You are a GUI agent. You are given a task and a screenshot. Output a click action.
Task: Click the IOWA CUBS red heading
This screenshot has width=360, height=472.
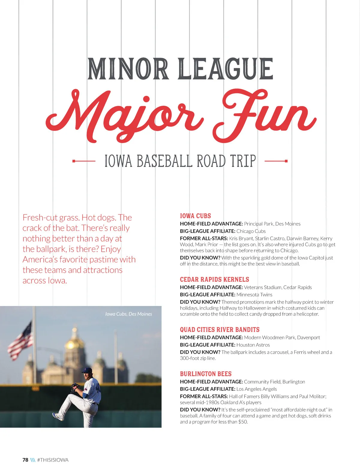(x=195, y=216)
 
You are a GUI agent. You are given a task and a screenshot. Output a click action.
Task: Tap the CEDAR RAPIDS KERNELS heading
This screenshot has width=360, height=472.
(x=214, y=279)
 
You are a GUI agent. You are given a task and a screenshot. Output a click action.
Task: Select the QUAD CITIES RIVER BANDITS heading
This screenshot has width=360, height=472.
(x=220, y=330)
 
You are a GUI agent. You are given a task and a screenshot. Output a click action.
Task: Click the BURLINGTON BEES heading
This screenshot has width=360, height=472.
(x=205, y=374)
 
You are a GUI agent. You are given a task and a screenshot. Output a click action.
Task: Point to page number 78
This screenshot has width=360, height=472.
(x=25, y=460)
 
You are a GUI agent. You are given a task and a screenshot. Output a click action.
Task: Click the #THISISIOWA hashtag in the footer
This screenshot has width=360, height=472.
(x=53, y=460)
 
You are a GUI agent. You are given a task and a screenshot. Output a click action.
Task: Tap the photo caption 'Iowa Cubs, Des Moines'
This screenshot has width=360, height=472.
(x=128, y=314)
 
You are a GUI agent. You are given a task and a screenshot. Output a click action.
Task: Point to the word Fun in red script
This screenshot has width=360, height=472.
(x=264, y=115)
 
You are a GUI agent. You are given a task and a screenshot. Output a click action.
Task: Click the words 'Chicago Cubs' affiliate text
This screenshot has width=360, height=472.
(x=251, y=231)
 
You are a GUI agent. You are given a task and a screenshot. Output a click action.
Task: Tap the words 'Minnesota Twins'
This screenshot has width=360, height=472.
(x=254, y=295)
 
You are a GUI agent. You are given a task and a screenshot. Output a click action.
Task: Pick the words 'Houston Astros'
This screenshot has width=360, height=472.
(x=253, y=345)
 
